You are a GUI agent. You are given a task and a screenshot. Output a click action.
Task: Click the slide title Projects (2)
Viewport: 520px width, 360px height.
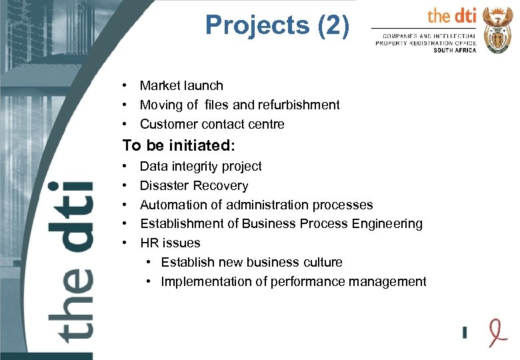[x=277, y=25]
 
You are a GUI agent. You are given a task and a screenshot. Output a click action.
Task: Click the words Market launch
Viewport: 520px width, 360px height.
[x=181, y=85]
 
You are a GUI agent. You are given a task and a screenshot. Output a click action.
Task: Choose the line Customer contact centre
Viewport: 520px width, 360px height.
[x=212, y=124]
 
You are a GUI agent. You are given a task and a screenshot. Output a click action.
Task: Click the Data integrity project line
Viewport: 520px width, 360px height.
[x=201, y=166]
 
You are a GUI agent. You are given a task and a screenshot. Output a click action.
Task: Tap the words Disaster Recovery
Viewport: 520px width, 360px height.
[x=194, y=185]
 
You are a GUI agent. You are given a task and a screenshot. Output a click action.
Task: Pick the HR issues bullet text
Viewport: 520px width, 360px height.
[x=170, y=243]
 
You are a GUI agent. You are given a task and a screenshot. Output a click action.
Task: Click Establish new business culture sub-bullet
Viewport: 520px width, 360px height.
[x=251, y=262]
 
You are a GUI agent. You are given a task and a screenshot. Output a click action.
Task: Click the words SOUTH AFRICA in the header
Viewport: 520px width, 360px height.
[x=455, y=51]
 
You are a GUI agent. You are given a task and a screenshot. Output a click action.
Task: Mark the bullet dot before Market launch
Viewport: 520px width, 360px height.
[x=125, y=86]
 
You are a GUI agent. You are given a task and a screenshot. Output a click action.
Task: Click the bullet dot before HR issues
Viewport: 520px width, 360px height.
[x=125, y=243]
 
